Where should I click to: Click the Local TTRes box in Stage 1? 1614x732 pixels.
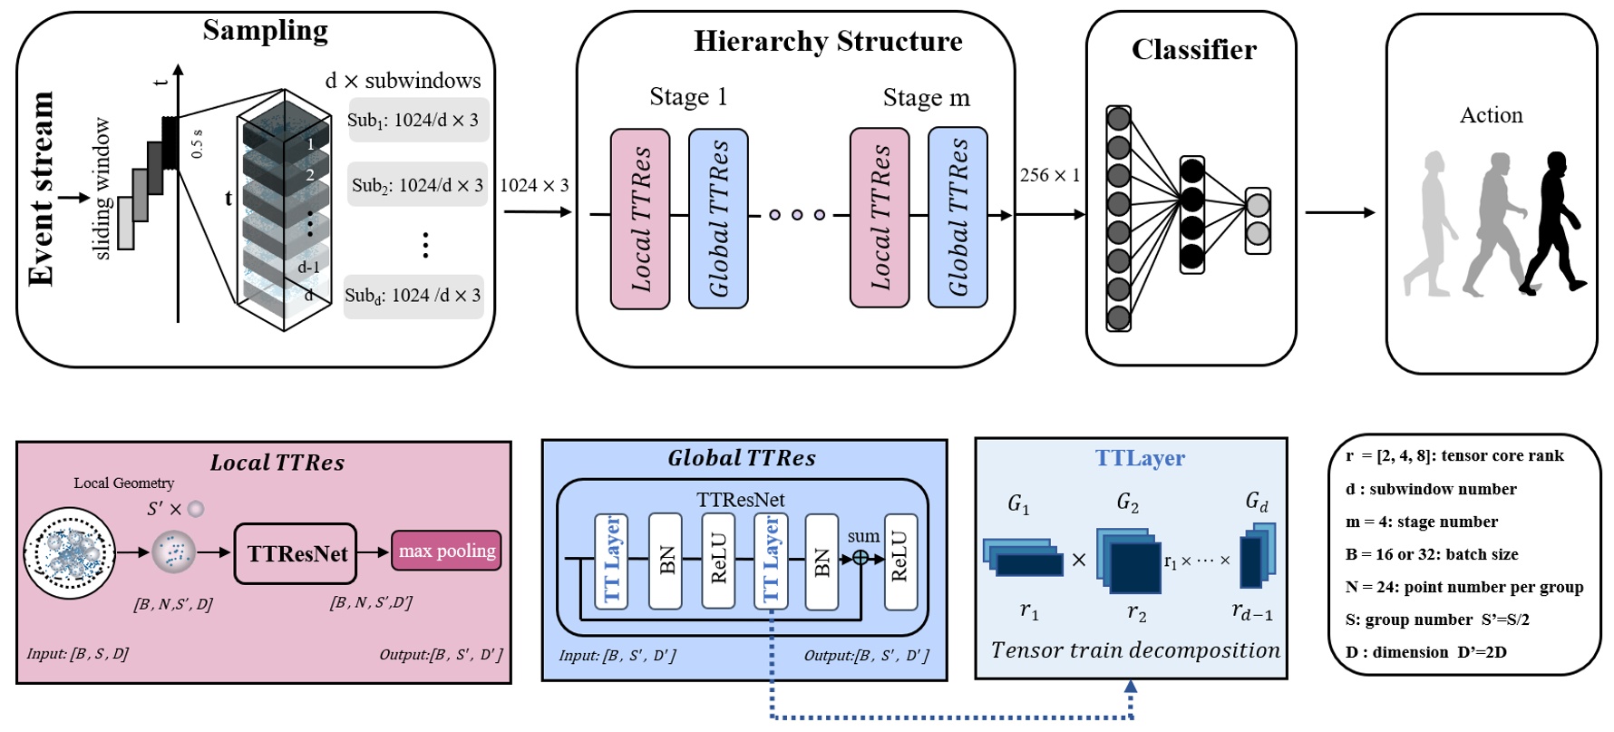click(640, 219)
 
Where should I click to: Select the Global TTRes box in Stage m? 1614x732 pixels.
click(958, 218)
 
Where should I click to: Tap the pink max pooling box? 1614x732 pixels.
click(446, 551)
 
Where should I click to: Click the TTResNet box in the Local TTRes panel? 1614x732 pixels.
click(296, 553)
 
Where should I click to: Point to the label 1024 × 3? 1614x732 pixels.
click(534, 186)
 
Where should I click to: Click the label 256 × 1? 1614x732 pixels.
click(1049, 175)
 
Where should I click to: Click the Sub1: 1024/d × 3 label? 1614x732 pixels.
click(417, 120)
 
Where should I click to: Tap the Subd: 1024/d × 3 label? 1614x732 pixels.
click(413, 296)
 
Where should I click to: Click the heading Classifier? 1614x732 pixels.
click(1193, 50)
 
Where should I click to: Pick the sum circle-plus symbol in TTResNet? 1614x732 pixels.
click(860, 558)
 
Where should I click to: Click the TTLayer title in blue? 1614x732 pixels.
click(1139, 458)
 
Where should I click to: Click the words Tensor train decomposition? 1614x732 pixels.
click(1135, 650)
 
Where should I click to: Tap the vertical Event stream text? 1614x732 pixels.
click(41, 189)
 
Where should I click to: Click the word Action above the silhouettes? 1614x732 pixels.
click(1491, 115)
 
